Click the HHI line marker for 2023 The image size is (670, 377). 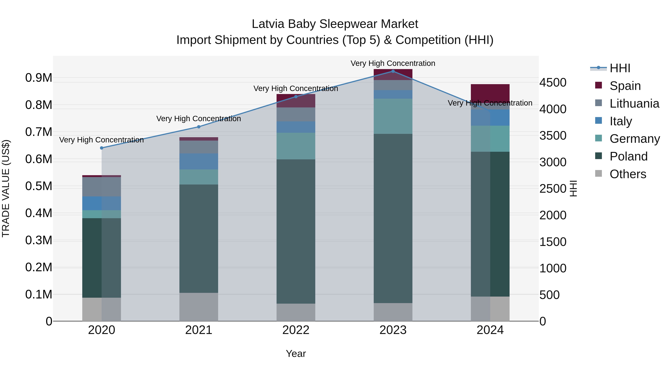(393, 71)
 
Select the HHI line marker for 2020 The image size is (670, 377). (101, 148)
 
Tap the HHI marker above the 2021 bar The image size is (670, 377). (199, 127)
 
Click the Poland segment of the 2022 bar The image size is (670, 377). (296, 232)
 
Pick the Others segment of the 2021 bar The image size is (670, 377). (199, 307)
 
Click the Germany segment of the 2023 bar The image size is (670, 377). (393, 116)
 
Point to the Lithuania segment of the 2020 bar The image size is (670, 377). (101, 187)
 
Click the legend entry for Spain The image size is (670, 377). (625, 86)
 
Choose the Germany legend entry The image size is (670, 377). (635, 139)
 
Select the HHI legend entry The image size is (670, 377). (620, 68)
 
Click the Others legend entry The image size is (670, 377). (628, 174)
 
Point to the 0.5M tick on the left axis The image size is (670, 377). (39, 186)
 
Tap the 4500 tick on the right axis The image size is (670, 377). (553, 82)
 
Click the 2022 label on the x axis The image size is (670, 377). (296, 330)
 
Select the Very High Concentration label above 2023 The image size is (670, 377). (393, 63)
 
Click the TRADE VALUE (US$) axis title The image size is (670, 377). (6, 188)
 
